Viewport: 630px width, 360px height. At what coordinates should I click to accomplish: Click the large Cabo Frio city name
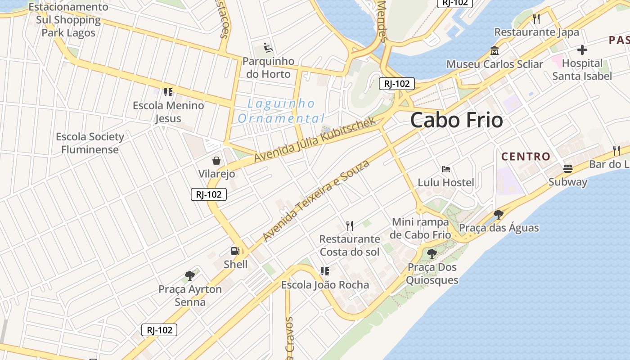click(456, 120)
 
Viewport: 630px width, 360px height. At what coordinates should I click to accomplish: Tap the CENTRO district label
click(526, 157)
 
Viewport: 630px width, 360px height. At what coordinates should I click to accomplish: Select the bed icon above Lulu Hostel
click(446, 169)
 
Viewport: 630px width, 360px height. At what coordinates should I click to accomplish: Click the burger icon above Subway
click(568, 169)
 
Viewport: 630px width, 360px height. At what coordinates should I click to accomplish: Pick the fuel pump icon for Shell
click(235, 251)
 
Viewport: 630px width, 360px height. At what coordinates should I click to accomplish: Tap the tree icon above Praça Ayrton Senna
click(190, 275)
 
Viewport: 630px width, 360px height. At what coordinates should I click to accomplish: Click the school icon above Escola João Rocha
click(325, 271)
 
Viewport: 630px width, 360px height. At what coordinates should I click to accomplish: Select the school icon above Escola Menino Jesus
click(168, 92)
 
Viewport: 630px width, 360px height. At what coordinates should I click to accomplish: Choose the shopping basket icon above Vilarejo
click(216, 161)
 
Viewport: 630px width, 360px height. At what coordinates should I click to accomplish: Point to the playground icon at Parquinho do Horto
click(268, 48)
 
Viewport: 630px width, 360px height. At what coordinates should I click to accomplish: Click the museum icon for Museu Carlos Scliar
click(495, 51)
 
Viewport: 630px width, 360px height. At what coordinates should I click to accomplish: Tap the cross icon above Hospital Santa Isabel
click(582, 50)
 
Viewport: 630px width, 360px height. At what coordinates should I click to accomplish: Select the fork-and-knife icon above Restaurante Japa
click(536, 19)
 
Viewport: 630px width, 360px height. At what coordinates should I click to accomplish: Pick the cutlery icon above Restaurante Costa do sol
click(350, 225)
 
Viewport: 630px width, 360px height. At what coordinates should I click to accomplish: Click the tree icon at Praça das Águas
click(498, 214)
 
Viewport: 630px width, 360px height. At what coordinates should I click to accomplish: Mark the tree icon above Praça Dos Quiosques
click(432, 254)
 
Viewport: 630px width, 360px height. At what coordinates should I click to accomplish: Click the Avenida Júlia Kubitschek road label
click(315, 140)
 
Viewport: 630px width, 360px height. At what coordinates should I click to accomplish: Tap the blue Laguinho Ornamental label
click(281, 111)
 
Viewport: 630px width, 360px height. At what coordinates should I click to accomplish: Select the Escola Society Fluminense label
click(90, 143)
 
